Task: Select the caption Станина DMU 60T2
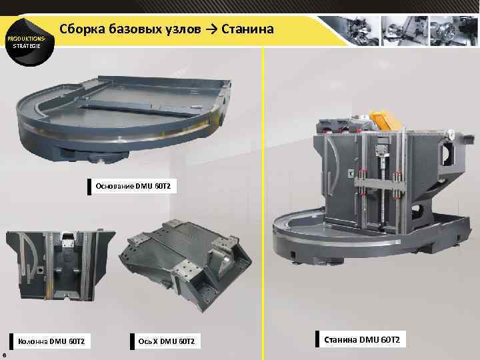(362, 340)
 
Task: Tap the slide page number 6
(5, 355)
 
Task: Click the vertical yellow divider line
(264, 200)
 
